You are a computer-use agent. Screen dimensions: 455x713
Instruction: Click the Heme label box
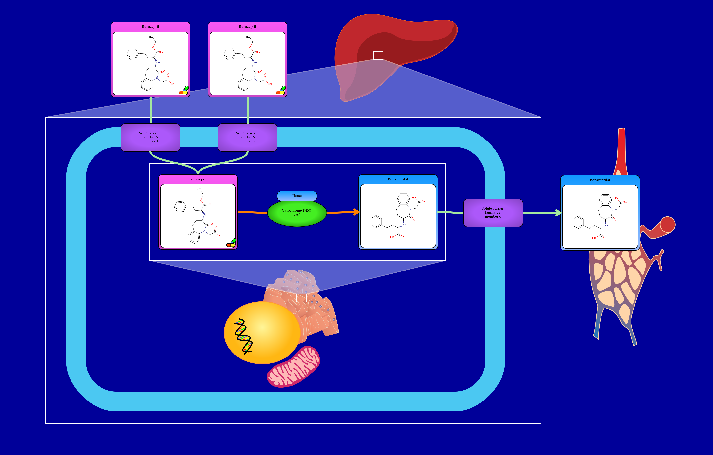pos(297,196)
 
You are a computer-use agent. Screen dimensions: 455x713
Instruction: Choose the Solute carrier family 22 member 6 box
pos(493,213)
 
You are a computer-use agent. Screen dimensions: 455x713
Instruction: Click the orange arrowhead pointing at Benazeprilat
pos(357,212)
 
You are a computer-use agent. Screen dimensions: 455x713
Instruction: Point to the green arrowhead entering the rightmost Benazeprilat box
pos(559,213)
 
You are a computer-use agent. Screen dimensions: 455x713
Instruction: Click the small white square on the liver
pos(378,55)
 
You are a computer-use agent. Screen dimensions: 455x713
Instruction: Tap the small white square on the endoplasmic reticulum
pos(301,298)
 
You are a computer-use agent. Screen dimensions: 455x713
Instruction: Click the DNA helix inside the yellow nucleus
pos(243,336)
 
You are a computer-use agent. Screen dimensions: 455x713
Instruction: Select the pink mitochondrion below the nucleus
pos(293,367)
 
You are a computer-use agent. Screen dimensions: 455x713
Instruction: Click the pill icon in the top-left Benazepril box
pos(184,90)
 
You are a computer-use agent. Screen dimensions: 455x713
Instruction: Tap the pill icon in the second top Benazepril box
pos(281,90)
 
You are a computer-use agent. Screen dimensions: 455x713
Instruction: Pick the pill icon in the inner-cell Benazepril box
pos(231,243)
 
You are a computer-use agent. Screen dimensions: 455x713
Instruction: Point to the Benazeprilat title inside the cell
pos(398,179)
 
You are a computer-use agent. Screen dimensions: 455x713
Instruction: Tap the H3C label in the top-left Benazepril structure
pos(151,37)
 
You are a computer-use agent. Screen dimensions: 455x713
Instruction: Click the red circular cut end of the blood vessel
pos(667,224)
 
